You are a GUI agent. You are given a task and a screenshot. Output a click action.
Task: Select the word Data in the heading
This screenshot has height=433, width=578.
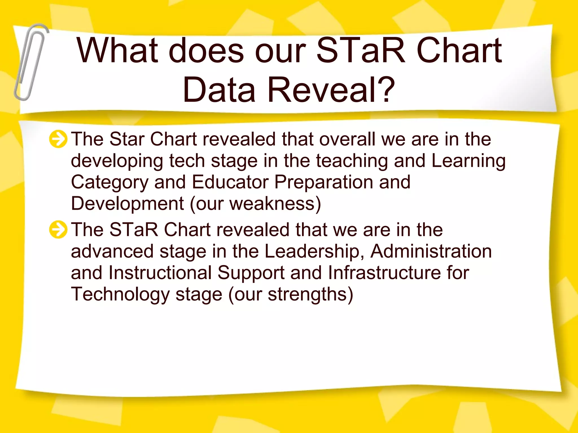click(219, 90)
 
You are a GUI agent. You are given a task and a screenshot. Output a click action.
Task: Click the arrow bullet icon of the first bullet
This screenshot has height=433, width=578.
click(58, 139)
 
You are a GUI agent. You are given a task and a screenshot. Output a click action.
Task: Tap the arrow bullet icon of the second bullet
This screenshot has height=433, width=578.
click(58, 229)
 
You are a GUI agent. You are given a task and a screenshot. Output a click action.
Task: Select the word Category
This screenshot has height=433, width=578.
click(110, 183)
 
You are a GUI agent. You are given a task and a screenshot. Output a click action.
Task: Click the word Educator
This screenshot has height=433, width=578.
click(230, 182)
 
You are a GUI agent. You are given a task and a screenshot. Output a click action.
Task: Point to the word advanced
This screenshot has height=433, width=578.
click(112, 251)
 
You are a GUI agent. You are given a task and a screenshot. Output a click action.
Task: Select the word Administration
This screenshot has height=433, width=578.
click(431, 251)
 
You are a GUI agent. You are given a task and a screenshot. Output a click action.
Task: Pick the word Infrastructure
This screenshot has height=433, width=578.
click(384, 273)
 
